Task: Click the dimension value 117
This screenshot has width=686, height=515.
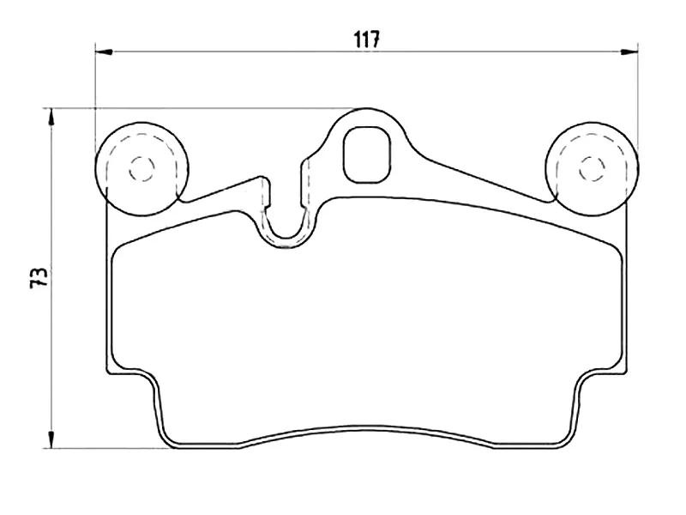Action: tap(367, 39)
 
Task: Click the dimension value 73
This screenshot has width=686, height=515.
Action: tap(38, 277)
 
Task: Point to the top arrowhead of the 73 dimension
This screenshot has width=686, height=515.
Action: tap(53, 116)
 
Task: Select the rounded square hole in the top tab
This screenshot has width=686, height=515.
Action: tap(366, 154)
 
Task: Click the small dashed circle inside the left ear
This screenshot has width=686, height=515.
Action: tap(141, 169)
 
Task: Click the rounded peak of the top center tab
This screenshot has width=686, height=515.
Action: tap(367, 111)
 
